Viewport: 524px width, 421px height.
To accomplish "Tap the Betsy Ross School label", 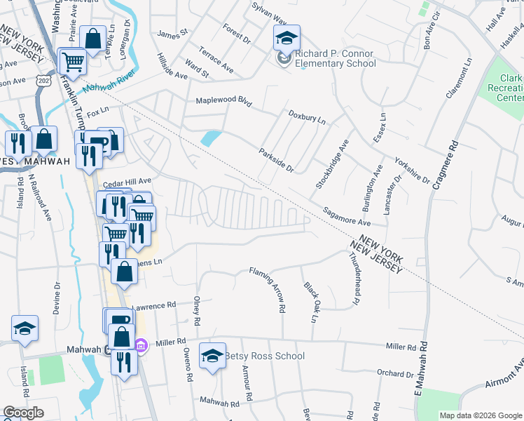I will [264, 356].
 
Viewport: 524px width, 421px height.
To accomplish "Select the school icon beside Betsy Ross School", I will [212, 355].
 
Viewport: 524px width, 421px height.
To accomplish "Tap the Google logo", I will [23, 413].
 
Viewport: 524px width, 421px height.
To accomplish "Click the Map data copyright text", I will [480, 415].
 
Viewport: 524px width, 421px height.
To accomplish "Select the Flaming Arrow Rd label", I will [268, 288].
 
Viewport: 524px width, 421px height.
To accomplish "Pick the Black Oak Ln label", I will [311, 302].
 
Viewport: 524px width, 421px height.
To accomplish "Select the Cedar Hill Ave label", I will [127, 181].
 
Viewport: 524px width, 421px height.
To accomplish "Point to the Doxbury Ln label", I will [307, 116].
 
